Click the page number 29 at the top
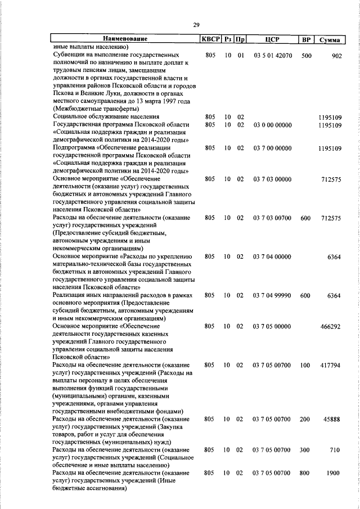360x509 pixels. pyautogui.click(x=196, y=24)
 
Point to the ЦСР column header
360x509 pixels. pyautogui.click(x=272, y=39)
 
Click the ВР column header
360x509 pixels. pyautogui.click(x=306, y=39)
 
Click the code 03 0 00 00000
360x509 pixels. pyautogui.click(x=272, y=124)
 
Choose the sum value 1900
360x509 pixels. pyautogui.click(x=334, y=473)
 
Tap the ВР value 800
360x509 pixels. pyautogui.click(x=306, y=473)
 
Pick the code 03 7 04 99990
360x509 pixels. pyautogui.click(x=272, y=295)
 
